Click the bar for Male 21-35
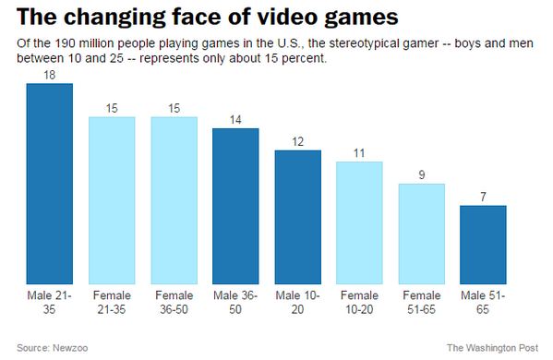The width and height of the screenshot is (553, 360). tap(50, 184)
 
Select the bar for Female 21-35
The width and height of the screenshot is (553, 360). tap(112, 200)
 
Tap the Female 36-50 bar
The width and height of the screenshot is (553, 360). tap(174, 200)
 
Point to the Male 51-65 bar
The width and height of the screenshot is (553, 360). tap(483, 245)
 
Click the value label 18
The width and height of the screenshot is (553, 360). tap(50, 76)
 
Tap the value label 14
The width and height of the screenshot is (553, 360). tap(235, 120)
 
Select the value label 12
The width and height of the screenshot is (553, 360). tap(297, 142)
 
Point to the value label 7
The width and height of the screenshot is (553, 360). tap(483, 198)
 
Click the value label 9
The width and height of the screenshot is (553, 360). tap(421, 175)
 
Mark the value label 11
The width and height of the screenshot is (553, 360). tap(359, 153)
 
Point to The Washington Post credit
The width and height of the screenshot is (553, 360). tap(493, 348)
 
